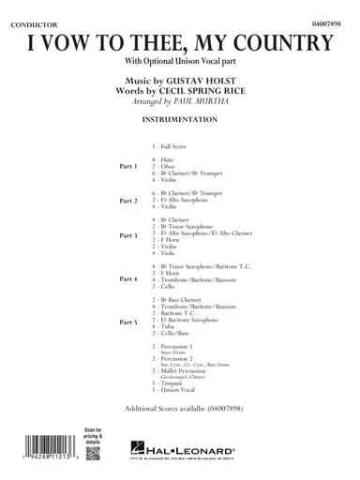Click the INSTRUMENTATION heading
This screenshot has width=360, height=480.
click(180, 122)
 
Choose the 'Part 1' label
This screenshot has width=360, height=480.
click(128, 166)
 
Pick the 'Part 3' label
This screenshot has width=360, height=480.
click(128, 234)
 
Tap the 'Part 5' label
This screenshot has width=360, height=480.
click(128, 322)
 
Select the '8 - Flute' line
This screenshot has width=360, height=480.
click(170, 160)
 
